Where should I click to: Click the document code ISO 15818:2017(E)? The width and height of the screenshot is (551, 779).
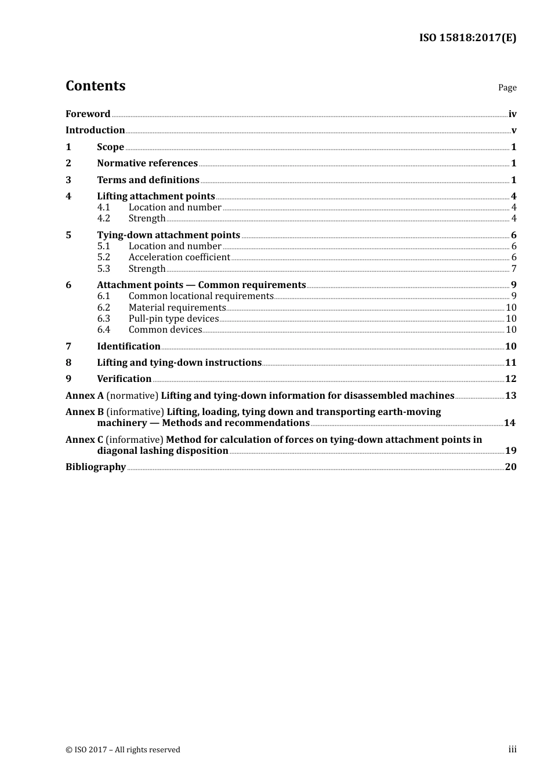[x=467, y=38]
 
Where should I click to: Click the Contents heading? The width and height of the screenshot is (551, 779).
[x=95, y=86]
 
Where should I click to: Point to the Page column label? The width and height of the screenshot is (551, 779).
[x=507, y=88]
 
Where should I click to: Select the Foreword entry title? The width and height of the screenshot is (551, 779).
[x=88, y=114]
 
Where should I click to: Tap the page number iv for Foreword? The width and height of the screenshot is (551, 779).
[x=512, y=114]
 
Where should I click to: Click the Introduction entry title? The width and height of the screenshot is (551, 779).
[x=95, y=130]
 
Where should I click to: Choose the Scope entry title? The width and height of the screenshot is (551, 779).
[x=110, y=147]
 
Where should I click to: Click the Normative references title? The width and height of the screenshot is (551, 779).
[x=147, y=163]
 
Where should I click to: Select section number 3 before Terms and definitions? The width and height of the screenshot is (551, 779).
[x=68, y=180]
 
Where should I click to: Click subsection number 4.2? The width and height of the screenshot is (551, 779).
[x=103, y=219]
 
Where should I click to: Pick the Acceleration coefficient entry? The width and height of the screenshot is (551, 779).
[x=179, y=257]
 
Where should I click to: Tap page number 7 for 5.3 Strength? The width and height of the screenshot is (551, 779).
[x=513, y=269]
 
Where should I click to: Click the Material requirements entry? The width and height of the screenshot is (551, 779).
[x=177, y=308]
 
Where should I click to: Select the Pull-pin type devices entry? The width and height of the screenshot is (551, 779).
[x=173, y=319]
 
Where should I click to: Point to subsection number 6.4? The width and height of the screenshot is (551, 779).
[x=103, y=330]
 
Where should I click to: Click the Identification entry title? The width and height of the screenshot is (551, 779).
[x=129, y=347]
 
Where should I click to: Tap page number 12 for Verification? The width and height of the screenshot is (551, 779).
[x=510, y=379]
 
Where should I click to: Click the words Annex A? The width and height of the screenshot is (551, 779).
[x=84, y=396]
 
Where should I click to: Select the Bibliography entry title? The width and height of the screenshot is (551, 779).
[x=96, y=467]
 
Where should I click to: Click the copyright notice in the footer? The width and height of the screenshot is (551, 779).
[x=123, y=750]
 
